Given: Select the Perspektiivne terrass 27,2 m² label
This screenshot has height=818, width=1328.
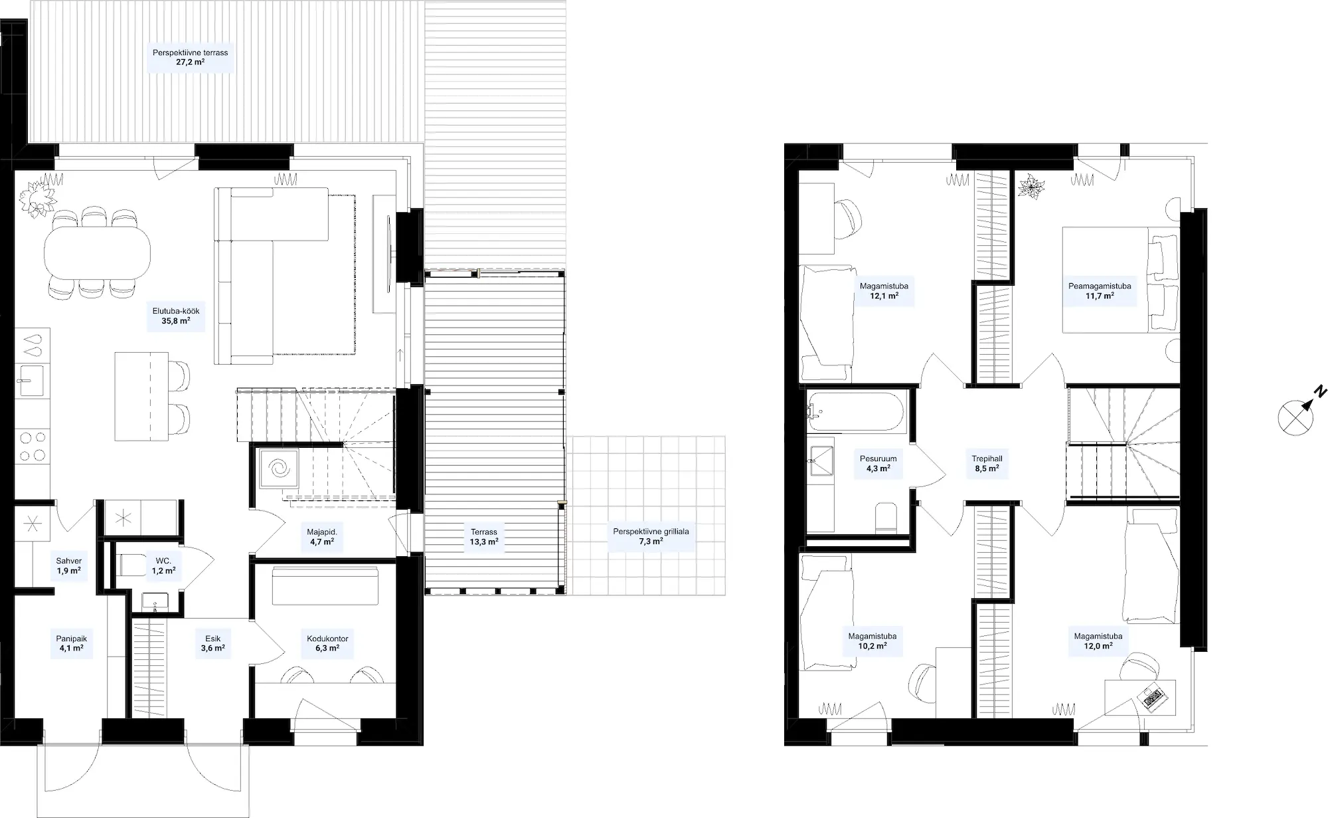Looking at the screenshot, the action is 190,57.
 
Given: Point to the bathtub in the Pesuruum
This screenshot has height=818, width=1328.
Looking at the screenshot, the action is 856,411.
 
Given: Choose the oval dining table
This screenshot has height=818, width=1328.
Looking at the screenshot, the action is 97,253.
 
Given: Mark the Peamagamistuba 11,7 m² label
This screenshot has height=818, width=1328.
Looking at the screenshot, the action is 1100,291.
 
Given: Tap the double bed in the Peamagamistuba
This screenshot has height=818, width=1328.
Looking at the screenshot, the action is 1121,280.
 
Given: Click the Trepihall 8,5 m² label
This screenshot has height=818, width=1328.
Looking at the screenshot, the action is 987,463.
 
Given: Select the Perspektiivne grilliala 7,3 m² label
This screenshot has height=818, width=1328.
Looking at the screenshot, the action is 651,536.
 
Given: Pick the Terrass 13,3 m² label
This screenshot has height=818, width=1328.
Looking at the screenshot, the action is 484,536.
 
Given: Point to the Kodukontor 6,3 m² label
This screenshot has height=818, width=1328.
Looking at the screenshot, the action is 327,643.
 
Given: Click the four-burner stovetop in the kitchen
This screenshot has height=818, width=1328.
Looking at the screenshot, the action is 32,446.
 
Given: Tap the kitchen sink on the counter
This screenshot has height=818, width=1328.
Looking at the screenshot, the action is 30,381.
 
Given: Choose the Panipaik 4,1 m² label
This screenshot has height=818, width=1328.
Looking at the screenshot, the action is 71,643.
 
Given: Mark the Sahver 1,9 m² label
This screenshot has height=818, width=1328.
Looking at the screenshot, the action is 68,565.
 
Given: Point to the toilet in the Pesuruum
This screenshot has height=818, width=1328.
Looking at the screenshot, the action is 886,517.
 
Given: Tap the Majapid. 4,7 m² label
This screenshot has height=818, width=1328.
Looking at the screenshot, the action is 322,536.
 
